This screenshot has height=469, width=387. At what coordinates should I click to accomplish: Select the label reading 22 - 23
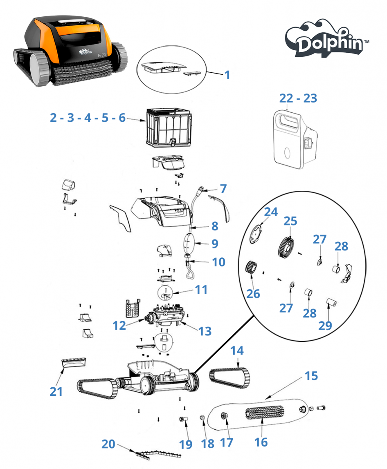pyautogui.click(x=298, y=98)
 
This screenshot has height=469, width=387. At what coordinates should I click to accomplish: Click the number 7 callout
pyautogui.click(x=223, y=189)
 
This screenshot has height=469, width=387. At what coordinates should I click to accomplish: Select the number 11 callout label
pyautogui.click(x=201, y=290)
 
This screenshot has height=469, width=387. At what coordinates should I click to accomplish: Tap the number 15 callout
pyautogui.click(x=311, y=376)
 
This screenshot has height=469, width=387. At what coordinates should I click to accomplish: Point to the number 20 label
pyautogui.click(x=108, y=444)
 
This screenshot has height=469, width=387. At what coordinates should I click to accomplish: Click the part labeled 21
pyautogui.click(x=74, y=362)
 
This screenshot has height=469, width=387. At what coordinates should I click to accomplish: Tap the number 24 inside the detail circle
pyautogui.click(x=270, y=212)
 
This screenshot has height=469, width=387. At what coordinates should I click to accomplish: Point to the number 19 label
pyautogui.click(x=186, y=444)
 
